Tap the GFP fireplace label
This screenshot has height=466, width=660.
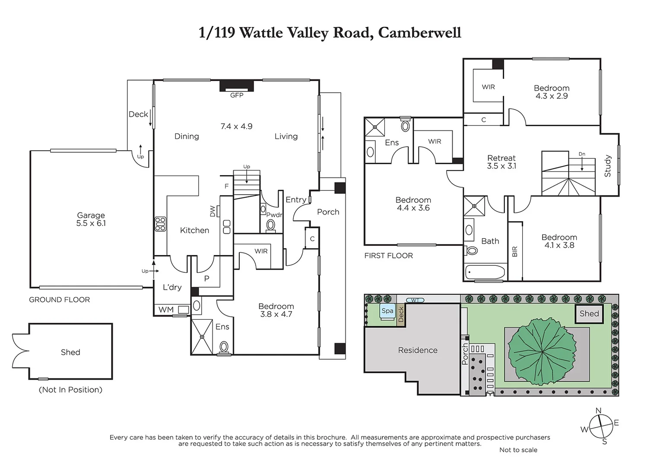(237, 95)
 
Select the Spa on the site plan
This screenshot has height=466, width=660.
(387, 311)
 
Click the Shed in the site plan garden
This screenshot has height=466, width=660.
(589, 314)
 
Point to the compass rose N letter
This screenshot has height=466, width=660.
(598, 411)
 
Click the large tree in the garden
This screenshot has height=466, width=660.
(542, 352)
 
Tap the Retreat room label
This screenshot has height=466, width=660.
(501, 158)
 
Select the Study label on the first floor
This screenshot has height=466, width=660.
(608, 166)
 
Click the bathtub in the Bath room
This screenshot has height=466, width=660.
(485, 273)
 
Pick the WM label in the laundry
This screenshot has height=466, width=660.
(166, 310)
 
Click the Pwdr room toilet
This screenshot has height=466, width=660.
(271, 225)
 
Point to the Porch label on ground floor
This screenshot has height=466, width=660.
(328, 212)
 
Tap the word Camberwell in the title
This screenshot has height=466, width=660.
(419, 33)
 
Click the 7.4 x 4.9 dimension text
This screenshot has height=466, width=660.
(236, 126)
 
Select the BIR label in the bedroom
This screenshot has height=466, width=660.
(514, 252)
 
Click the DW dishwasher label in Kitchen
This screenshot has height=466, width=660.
(213, 211)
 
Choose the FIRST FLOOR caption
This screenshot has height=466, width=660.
(388, 256)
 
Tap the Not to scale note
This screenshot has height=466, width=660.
(518, 450)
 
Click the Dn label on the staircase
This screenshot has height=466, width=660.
(582, 154)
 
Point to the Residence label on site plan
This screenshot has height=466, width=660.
(418, 350)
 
